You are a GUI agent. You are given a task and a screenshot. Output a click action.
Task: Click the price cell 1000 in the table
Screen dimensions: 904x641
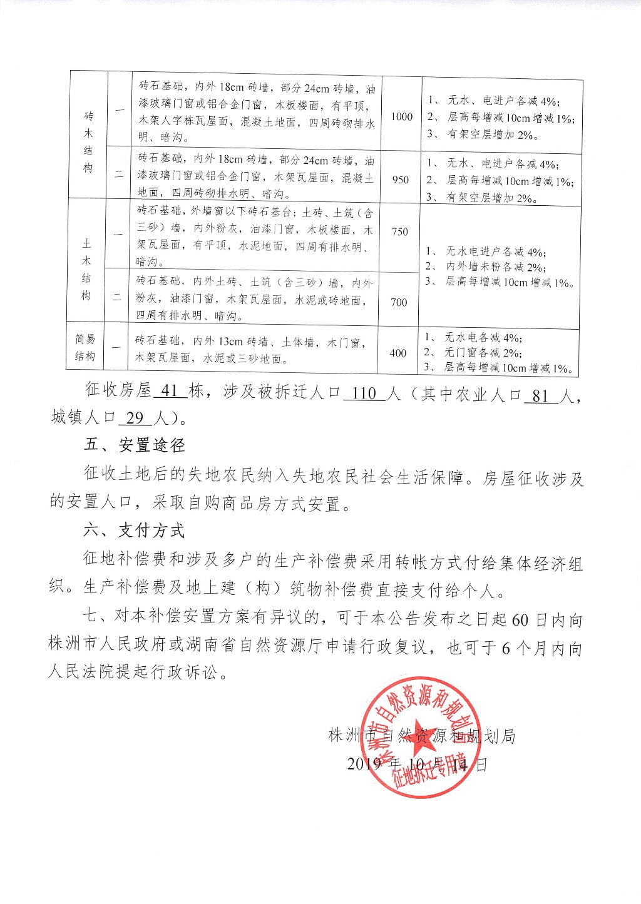(x=402, y=116)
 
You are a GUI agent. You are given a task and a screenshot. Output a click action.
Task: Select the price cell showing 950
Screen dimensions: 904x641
(x=401, y=180)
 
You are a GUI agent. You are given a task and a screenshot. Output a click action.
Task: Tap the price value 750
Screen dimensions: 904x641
(x=399, y=231)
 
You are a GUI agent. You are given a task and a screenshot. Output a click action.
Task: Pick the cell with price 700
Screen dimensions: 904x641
(x=399, y=302)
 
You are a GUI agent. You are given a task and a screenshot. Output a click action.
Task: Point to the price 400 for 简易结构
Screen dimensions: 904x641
(x=397, y=353)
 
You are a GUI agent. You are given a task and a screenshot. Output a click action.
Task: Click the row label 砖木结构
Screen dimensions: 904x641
(x=88, y=142)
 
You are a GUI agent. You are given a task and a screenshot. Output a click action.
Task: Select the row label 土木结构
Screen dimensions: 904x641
(x=86, y=269)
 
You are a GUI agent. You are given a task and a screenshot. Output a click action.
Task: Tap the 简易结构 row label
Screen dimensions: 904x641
(x=85, y=347)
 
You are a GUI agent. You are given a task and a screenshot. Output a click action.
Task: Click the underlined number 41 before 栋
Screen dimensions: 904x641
(x=170, y=390)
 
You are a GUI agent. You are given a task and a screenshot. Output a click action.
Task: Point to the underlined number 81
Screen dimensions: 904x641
(x=540, y=396)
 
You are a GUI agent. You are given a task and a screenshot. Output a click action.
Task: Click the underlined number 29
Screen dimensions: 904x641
(x=135, y=417)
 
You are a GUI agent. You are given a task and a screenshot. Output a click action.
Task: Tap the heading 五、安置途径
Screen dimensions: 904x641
(x=135, y=445)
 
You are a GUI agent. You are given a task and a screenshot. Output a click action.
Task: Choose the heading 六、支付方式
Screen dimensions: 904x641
(x=134, y=531)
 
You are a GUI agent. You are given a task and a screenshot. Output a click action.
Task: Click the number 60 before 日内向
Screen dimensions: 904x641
(x=520, y=619)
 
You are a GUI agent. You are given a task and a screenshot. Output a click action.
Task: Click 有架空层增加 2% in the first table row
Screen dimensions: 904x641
(x=492, y=135)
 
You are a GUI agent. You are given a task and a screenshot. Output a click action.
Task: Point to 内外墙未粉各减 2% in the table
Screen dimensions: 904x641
(x=495, y=267)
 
